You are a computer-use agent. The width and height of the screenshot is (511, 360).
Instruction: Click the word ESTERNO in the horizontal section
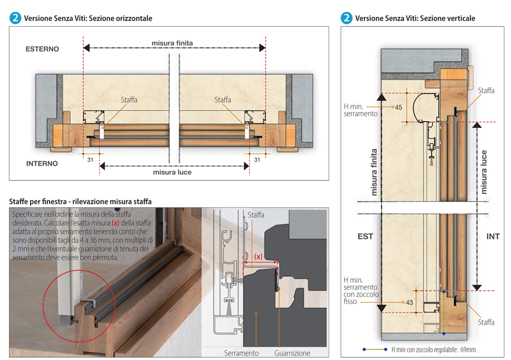point(42,49)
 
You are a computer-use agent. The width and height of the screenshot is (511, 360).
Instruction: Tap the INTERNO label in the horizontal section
point(42,164)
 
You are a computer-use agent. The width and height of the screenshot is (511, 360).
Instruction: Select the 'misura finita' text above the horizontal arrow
point(172,43)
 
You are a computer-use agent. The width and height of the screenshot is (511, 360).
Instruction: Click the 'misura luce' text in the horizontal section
point(172,173)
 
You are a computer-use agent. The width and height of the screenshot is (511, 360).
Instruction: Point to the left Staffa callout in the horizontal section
point(129,100)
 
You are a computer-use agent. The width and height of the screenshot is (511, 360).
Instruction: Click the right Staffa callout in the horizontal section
point(223,100)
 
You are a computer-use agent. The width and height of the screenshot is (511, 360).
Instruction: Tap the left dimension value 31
point(90,160)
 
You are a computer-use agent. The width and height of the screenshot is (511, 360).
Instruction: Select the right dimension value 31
point(257,160)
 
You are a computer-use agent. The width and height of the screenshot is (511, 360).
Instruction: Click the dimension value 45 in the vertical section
point(399,107)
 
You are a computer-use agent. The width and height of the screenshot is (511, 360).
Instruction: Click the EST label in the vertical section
point(366,237)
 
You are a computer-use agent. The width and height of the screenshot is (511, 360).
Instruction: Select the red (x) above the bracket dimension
point(259,256)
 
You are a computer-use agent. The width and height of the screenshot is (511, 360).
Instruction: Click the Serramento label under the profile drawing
point(241,353)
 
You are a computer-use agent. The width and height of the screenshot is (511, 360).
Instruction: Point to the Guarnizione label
point(292,353)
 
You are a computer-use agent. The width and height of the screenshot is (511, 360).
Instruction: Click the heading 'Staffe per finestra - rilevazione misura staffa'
point(80,201)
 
